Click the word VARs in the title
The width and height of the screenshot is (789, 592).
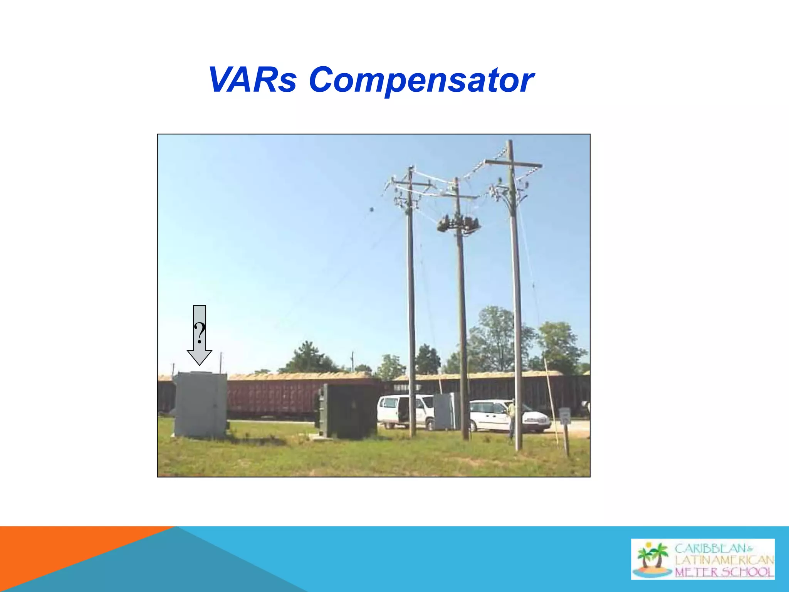[x=252, y=80]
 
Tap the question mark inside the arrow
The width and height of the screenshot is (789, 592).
[x=199, y=333]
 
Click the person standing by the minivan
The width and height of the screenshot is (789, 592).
[x=511, y=418]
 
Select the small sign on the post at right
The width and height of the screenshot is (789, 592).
[x=564, y=416]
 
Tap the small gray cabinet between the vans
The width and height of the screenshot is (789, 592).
[x=446, y=411]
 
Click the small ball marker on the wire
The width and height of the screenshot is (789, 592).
[x=372, y=210]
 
